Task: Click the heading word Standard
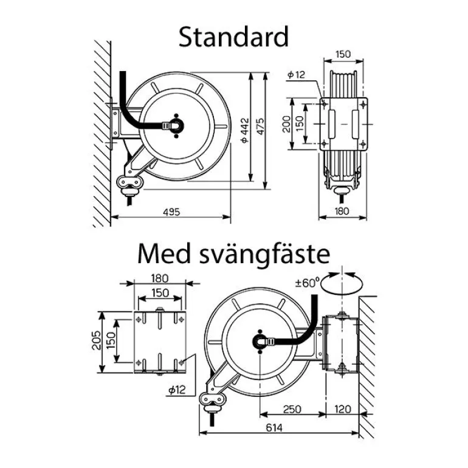(233, 37)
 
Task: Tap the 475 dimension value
(261, 128)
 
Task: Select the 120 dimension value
(343, 409)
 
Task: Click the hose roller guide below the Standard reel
(130, 182)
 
